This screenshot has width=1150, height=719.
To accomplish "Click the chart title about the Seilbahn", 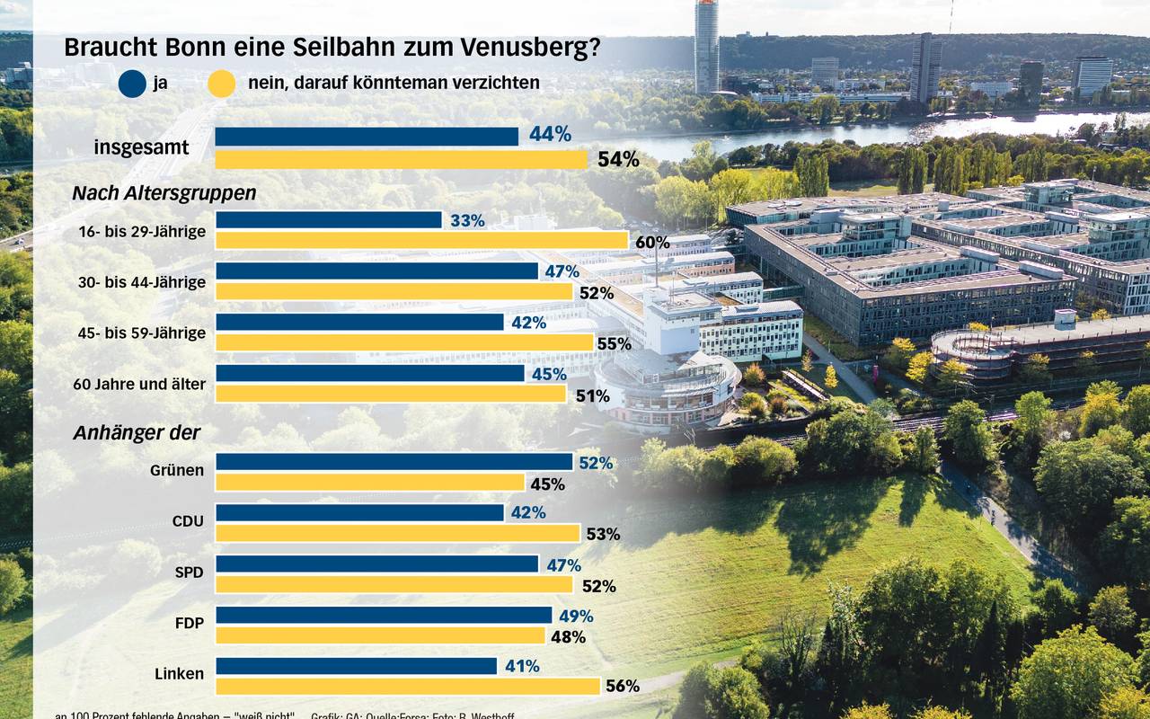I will click(332, 49).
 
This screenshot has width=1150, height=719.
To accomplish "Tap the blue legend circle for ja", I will click(132, 84).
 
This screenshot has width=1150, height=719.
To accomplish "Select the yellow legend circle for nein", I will click(221, 84).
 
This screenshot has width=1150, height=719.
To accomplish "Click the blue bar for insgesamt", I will click(367, 136).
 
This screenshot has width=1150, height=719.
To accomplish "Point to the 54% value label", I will click(618, 160).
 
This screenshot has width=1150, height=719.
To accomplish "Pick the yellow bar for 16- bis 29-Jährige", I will click(421, 240).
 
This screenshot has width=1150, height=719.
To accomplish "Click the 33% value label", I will click(467, 220).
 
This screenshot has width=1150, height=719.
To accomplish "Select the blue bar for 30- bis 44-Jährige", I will click(376, 271).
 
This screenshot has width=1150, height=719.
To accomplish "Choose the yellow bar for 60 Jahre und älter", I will click(391, 394).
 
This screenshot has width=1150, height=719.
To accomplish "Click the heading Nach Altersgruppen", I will click(164, 193).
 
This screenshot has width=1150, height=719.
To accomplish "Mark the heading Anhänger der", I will click(137, 433).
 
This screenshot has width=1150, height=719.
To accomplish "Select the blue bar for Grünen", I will click(394, 462).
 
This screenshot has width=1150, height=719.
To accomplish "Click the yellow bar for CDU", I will click(398, 533).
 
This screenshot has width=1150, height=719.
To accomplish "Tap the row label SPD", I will click(189, 573).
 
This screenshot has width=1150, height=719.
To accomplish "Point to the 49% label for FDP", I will click(576, 616).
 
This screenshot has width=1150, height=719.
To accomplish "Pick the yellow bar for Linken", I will click(408, 686).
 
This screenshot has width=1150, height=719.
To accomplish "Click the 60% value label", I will click(652, 242).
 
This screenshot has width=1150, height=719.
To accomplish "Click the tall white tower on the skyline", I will click(706, 45).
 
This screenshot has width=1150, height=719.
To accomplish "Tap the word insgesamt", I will click(142, 147).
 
